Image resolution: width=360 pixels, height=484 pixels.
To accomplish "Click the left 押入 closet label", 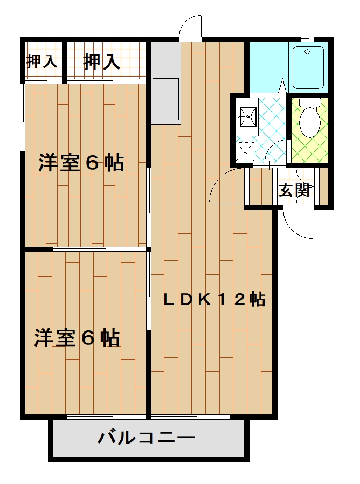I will click(41, 61).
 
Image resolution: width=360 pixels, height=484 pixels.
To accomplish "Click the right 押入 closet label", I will click(101, 61).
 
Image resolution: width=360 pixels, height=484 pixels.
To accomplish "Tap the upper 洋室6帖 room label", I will click(81, 162).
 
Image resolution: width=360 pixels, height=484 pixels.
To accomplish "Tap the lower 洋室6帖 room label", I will click(77, 338).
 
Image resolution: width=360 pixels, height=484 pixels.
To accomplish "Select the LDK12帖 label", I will click(214, 299).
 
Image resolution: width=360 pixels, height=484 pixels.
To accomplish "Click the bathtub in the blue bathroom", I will click(307, 67).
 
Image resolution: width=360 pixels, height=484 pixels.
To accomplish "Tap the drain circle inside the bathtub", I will click(307, 52).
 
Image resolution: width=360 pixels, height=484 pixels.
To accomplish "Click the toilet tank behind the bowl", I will click(310, 101).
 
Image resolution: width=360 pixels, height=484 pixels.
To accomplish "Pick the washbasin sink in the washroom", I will click(248, 116).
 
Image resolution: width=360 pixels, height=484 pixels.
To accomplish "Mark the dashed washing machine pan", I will click(246, 151).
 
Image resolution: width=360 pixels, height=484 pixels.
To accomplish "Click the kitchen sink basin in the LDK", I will click(165, 99).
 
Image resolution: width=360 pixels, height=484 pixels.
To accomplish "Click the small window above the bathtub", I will click(308, 39).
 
